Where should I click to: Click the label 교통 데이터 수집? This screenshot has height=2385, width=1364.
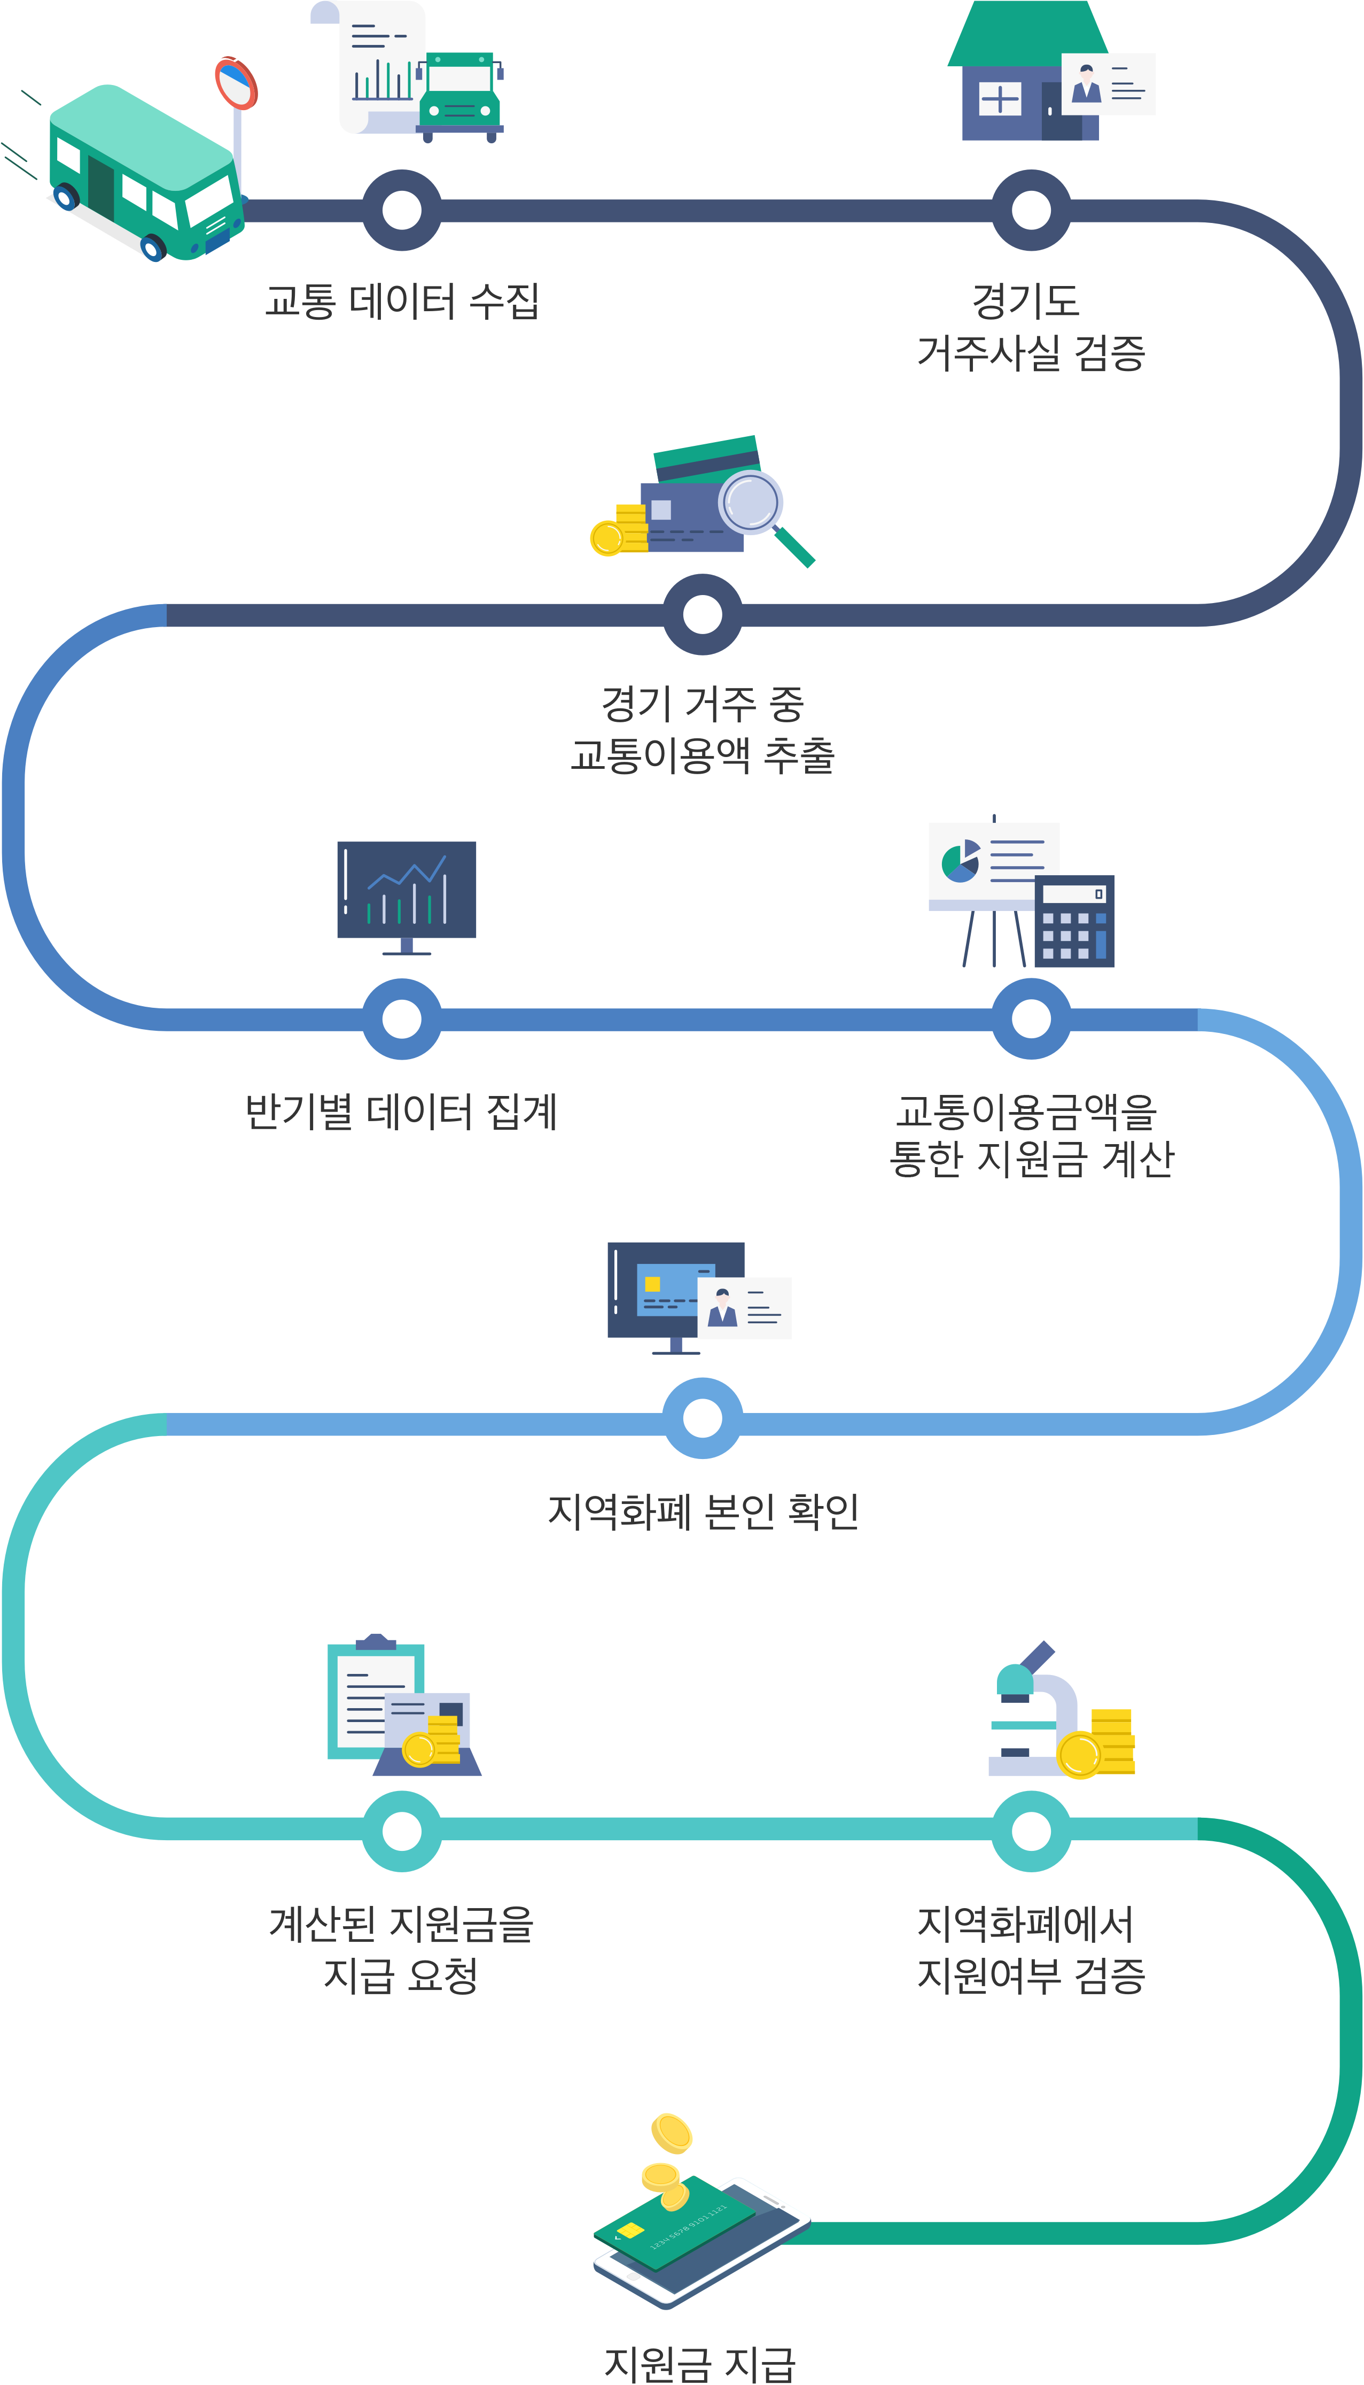[402, 300]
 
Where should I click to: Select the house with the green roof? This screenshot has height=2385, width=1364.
[1026, 75]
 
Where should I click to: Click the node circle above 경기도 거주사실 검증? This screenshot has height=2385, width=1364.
[1031, 210]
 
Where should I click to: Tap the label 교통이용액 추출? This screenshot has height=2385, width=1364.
[703, 754]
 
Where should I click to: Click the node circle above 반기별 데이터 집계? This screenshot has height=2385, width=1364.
[402, 1018]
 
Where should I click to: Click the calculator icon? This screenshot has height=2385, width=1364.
[1074, 921]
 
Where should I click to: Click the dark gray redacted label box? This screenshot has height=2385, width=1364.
[1032, 1134]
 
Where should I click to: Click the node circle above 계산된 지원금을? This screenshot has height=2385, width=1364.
[402, 1830]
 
